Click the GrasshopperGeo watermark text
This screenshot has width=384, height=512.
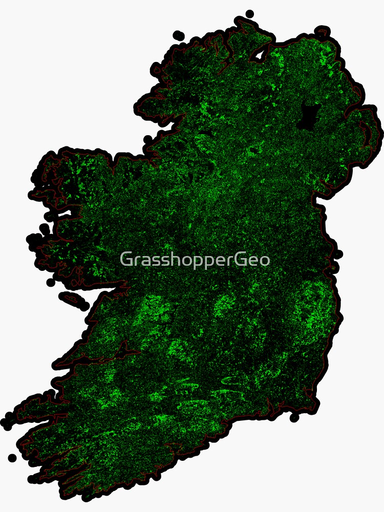(x=195, y=260)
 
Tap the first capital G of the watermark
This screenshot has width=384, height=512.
(x=126, y=259)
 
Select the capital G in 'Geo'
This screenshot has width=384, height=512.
(x=241, y=259)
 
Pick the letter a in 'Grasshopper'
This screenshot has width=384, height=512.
(x=143, y=260)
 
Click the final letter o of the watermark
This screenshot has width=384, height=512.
(x=265, y=260)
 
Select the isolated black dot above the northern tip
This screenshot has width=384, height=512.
(x=249, y=14)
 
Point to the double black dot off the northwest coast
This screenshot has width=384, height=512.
(x=178, y=36)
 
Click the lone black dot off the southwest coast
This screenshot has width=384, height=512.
(x=12, y=457)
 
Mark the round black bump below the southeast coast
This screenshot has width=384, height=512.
(x=294, y=418)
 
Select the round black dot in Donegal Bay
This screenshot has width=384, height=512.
(x=148, y=139)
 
